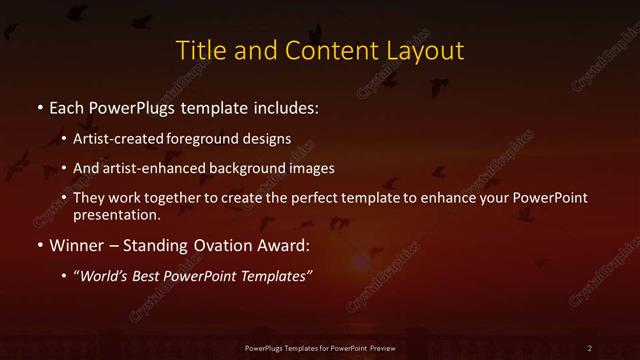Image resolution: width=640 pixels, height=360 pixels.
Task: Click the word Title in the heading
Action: pyautogui.click(x=198, y=49)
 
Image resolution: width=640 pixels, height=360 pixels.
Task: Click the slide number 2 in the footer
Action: pyautogui.click(x=590, y=347)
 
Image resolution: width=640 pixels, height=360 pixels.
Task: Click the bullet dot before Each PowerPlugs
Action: pyautogui.click(x=39, y=106)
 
